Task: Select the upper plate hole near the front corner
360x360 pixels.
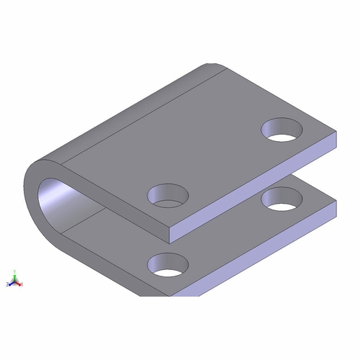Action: coord(168,194)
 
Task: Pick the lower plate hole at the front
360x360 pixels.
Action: coord(168,264)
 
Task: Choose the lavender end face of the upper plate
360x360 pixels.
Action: coord(252,194)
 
